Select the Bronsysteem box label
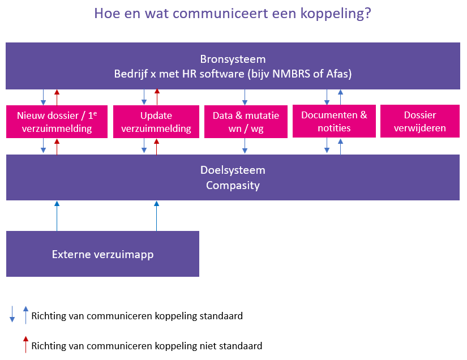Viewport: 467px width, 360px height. [233, 59]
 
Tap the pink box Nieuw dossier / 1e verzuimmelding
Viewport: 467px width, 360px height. [57, 122]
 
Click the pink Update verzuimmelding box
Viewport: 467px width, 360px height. [157, 122]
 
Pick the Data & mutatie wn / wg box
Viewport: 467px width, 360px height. [246, 122]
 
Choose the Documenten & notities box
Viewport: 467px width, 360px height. [334, 121]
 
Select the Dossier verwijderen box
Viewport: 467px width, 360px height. [419, 122]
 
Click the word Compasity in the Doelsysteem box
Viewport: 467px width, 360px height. [233, 185]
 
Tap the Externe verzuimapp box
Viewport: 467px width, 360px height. [102, 254]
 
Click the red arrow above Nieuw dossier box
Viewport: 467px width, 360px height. [57, 96]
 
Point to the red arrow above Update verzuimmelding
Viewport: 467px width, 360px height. [157, 96]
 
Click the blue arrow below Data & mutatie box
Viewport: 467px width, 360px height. [245, 146]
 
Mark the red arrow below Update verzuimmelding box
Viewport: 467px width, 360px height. [157, 146]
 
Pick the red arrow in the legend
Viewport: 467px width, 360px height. [25, 344]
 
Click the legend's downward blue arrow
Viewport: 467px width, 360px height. [12, 314]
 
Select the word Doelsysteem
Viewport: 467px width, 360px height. [233, 170]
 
